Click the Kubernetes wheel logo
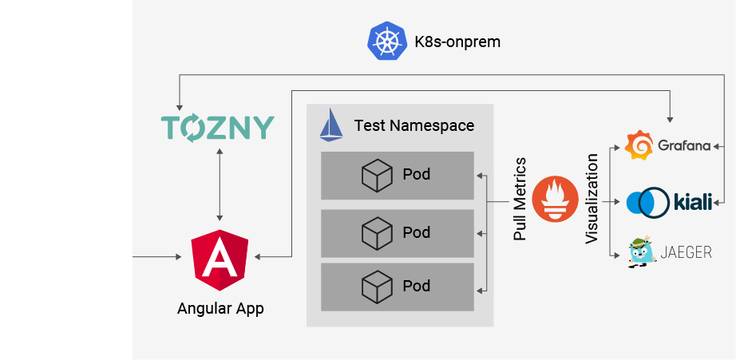[x=384, y=42]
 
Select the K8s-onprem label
[x=457, y=42]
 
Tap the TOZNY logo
[x=217, y=128]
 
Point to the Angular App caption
[x=220, y=308]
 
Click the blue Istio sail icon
[x=331, y=126]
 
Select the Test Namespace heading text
[x=414, y=126]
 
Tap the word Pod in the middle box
[x=417, y=232]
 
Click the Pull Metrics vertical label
[x=520, y=200]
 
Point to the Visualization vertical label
[x=592, y=200]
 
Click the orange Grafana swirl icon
[x=639, y=146]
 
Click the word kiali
[x=692, y=201]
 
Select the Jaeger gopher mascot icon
[x=640, y=253]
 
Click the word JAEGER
[x=686, y=254]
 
